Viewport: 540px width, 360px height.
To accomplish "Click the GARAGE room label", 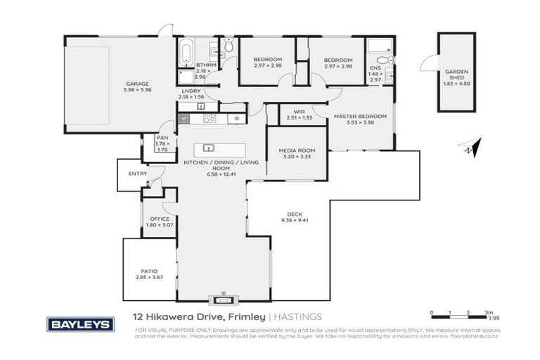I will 117,83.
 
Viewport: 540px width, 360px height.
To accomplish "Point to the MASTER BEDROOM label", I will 360,116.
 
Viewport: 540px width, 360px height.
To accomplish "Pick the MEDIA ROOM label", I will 296,150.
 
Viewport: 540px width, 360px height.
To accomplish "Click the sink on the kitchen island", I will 208,148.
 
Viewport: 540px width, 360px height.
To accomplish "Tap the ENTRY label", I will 137,174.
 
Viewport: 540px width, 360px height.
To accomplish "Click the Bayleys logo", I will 79,324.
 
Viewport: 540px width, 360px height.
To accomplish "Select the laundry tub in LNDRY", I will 201,106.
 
